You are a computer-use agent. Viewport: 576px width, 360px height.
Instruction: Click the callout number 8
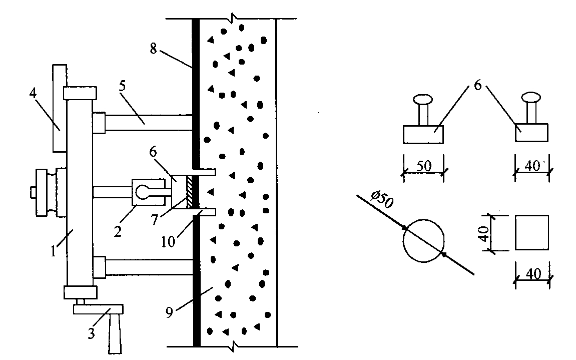pos(154,48)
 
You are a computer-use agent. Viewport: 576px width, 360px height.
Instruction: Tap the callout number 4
pos(33,93)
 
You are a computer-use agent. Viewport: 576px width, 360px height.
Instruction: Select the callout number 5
pos(122,86)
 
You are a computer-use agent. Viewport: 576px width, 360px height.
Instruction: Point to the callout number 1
pos(54,251)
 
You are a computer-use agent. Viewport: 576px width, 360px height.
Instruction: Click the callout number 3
pos(91,333)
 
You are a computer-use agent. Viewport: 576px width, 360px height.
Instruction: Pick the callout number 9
pos(169,312)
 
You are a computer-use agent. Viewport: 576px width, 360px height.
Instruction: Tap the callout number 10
pos(168,242)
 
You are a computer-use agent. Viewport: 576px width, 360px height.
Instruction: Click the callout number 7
pos(155,220)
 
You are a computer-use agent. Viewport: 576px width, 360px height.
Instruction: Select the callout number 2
pos(118,232)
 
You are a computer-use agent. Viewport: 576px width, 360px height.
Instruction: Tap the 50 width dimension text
pos(424,166)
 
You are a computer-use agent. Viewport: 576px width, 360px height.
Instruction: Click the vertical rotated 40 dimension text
pos(483,233)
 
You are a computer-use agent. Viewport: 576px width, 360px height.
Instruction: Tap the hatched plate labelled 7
pos(190,192)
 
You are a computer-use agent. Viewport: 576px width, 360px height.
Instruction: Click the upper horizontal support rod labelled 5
pos(149,123)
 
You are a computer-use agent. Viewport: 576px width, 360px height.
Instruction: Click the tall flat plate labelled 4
pos(60,108)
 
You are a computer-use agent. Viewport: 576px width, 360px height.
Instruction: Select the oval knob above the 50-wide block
pos(423,99)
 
